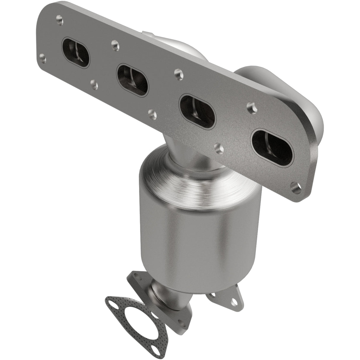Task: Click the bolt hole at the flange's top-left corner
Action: click(x=60, y=20)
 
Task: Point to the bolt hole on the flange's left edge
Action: click(x=43, y=57)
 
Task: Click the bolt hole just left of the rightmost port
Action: click(x=219, y=147)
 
